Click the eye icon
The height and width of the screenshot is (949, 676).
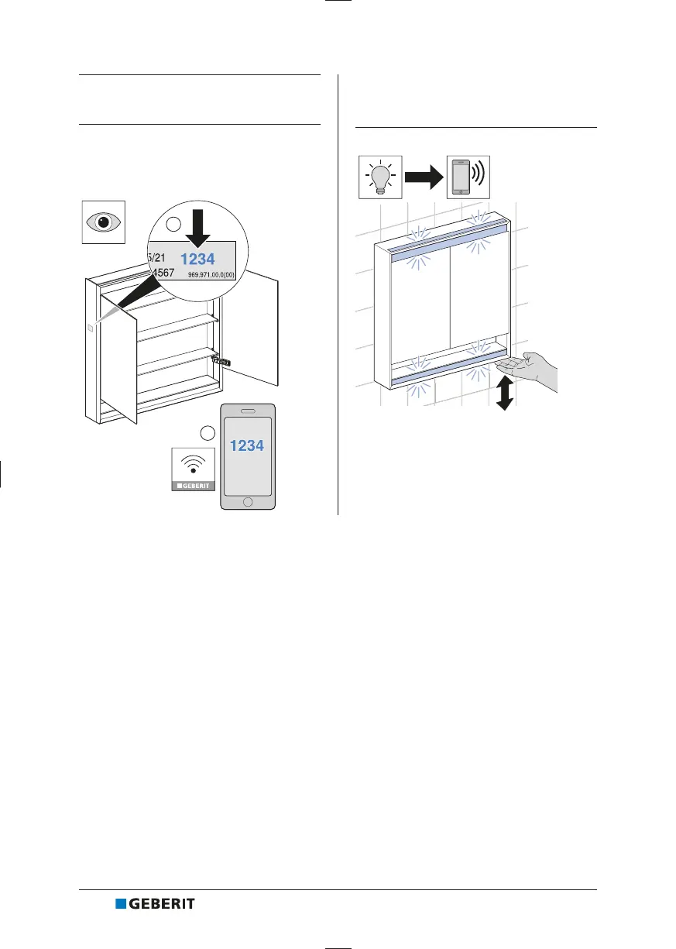[x=105, y=222]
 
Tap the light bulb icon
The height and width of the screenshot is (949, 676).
[x=381, y=177]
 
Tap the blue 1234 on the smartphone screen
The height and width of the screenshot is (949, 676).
[x=247, y=445]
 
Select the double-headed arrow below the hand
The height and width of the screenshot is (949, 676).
[x=505, y=394]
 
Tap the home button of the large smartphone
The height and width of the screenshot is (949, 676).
[x=248, y=501]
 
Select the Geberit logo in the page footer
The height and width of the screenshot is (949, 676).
[x=155, y=903]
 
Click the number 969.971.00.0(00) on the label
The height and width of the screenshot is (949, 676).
[x=216, y=274]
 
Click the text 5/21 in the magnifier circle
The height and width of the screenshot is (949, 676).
[x=156, y=257]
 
